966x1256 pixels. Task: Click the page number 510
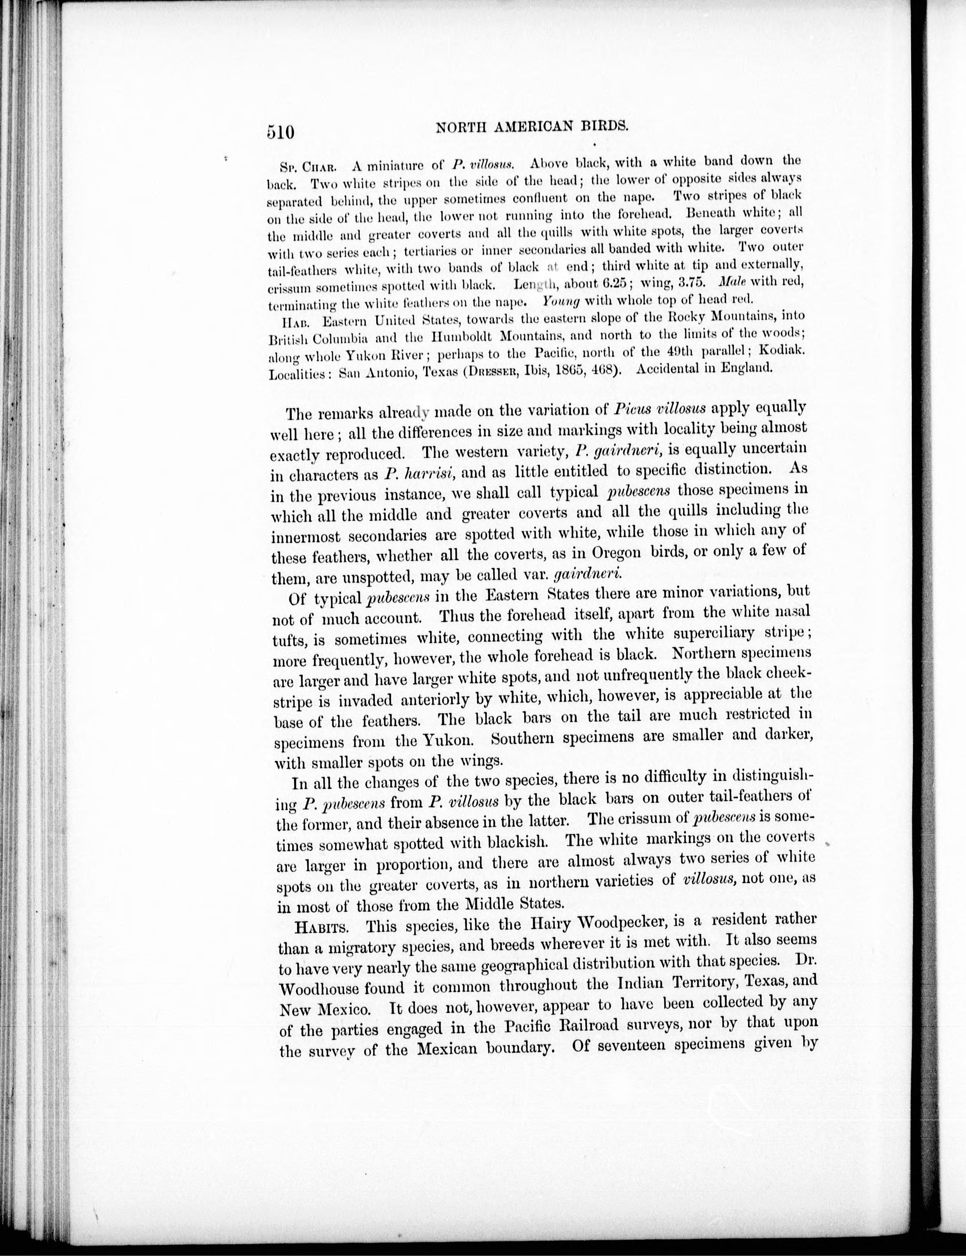[281, 132]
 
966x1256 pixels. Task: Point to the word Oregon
[616, 552]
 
